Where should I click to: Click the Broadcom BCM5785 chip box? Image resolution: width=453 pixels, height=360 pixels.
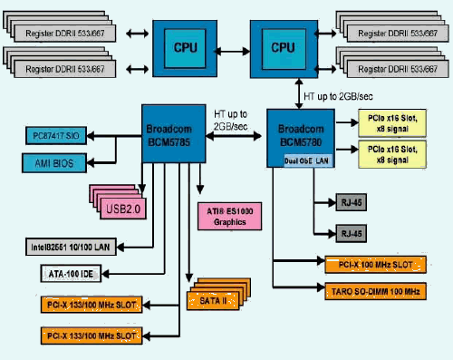pyautogui.click(x=176, y=133)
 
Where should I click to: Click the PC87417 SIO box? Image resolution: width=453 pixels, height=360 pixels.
pyautogui.click(x=57, y=136)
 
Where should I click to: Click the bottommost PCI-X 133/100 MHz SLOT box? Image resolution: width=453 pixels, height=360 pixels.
pyautogui.click(x=89, y=336)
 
